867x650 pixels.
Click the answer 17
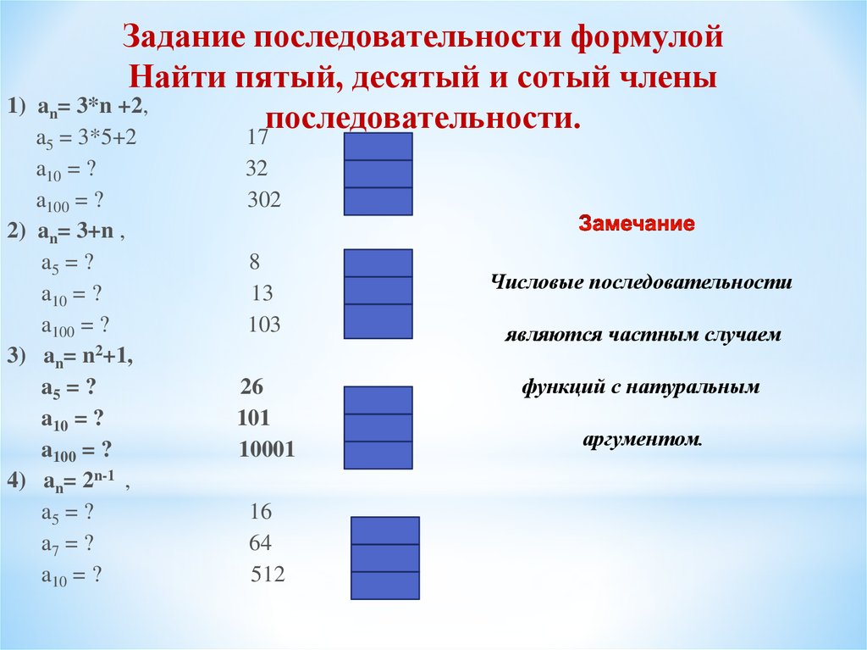258,138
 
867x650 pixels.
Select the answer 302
263,201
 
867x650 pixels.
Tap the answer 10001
267,450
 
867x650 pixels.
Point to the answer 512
268,575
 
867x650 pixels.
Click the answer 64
260,543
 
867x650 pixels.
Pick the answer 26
251,387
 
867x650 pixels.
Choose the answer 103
264,325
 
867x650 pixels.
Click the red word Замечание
637,225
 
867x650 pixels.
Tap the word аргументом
643,441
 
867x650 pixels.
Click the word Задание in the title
180,37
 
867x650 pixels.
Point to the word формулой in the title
655,37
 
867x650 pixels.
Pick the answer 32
257,169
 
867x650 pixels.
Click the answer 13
262,294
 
